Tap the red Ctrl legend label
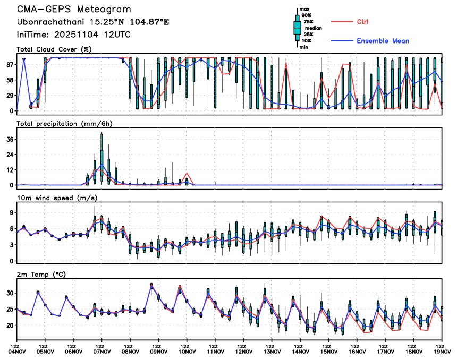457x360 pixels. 362,22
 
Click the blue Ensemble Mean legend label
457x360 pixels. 383,41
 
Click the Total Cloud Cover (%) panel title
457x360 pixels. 54,50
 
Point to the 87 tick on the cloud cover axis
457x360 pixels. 10,64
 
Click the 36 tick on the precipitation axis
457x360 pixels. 10,139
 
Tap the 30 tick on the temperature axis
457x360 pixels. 10,293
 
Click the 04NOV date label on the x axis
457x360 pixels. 17,351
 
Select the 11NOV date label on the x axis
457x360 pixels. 215,351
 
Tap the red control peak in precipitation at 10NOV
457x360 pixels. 187,174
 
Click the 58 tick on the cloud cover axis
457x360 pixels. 10,80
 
